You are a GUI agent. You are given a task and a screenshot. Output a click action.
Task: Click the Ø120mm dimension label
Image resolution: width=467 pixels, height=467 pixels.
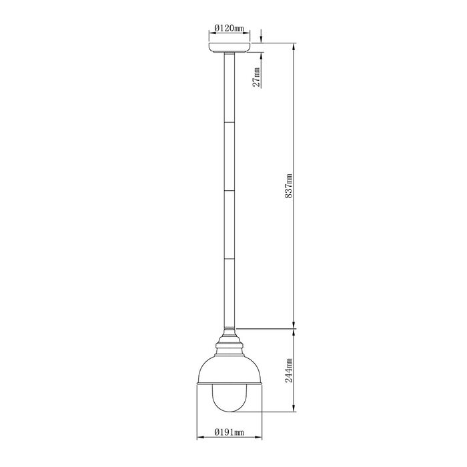pyautogui.click(x=229, y=29)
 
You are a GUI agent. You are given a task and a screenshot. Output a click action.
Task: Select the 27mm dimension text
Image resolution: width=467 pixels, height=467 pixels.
pyautogui.click(x=256, y=77)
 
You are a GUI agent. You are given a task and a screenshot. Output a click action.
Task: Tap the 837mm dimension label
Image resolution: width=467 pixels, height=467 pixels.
pyautogui.click(x=289, y=186)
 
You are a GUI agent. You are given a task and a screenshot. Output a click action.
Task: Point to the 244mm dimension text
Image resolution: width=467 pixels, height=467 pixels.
pyautogui.click(x=289, y=370)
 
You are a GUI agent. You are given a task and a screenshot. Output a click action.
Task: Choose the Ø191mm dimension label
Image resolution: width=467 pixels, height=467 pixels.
pyautogui.click(x=229, y=432)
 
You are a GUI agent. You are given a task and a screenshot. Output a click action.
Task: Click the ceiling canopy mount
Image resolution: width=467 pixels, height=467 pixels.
pyautogui.click(x=229, y=47)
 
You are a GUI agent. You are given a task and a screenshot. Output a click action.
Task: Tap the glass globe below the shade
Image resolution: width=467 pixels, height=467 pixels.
pyautogui.click(x=229, y=398)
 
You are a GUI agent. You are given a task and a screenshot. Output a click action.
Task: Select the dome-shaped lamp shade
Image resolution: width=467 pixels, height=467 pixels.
pyautogui.click(x=229, y=370)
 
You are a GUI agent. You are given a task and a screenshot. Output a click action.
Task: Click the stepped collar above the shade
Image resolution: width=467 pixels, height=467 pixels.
pyautogui.click(x=229, y=342)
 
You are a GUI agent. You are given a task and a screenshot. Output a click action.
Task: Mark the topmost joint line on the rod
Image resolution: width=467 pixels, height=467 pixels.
pyautogui.click(x=229, y=122)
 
